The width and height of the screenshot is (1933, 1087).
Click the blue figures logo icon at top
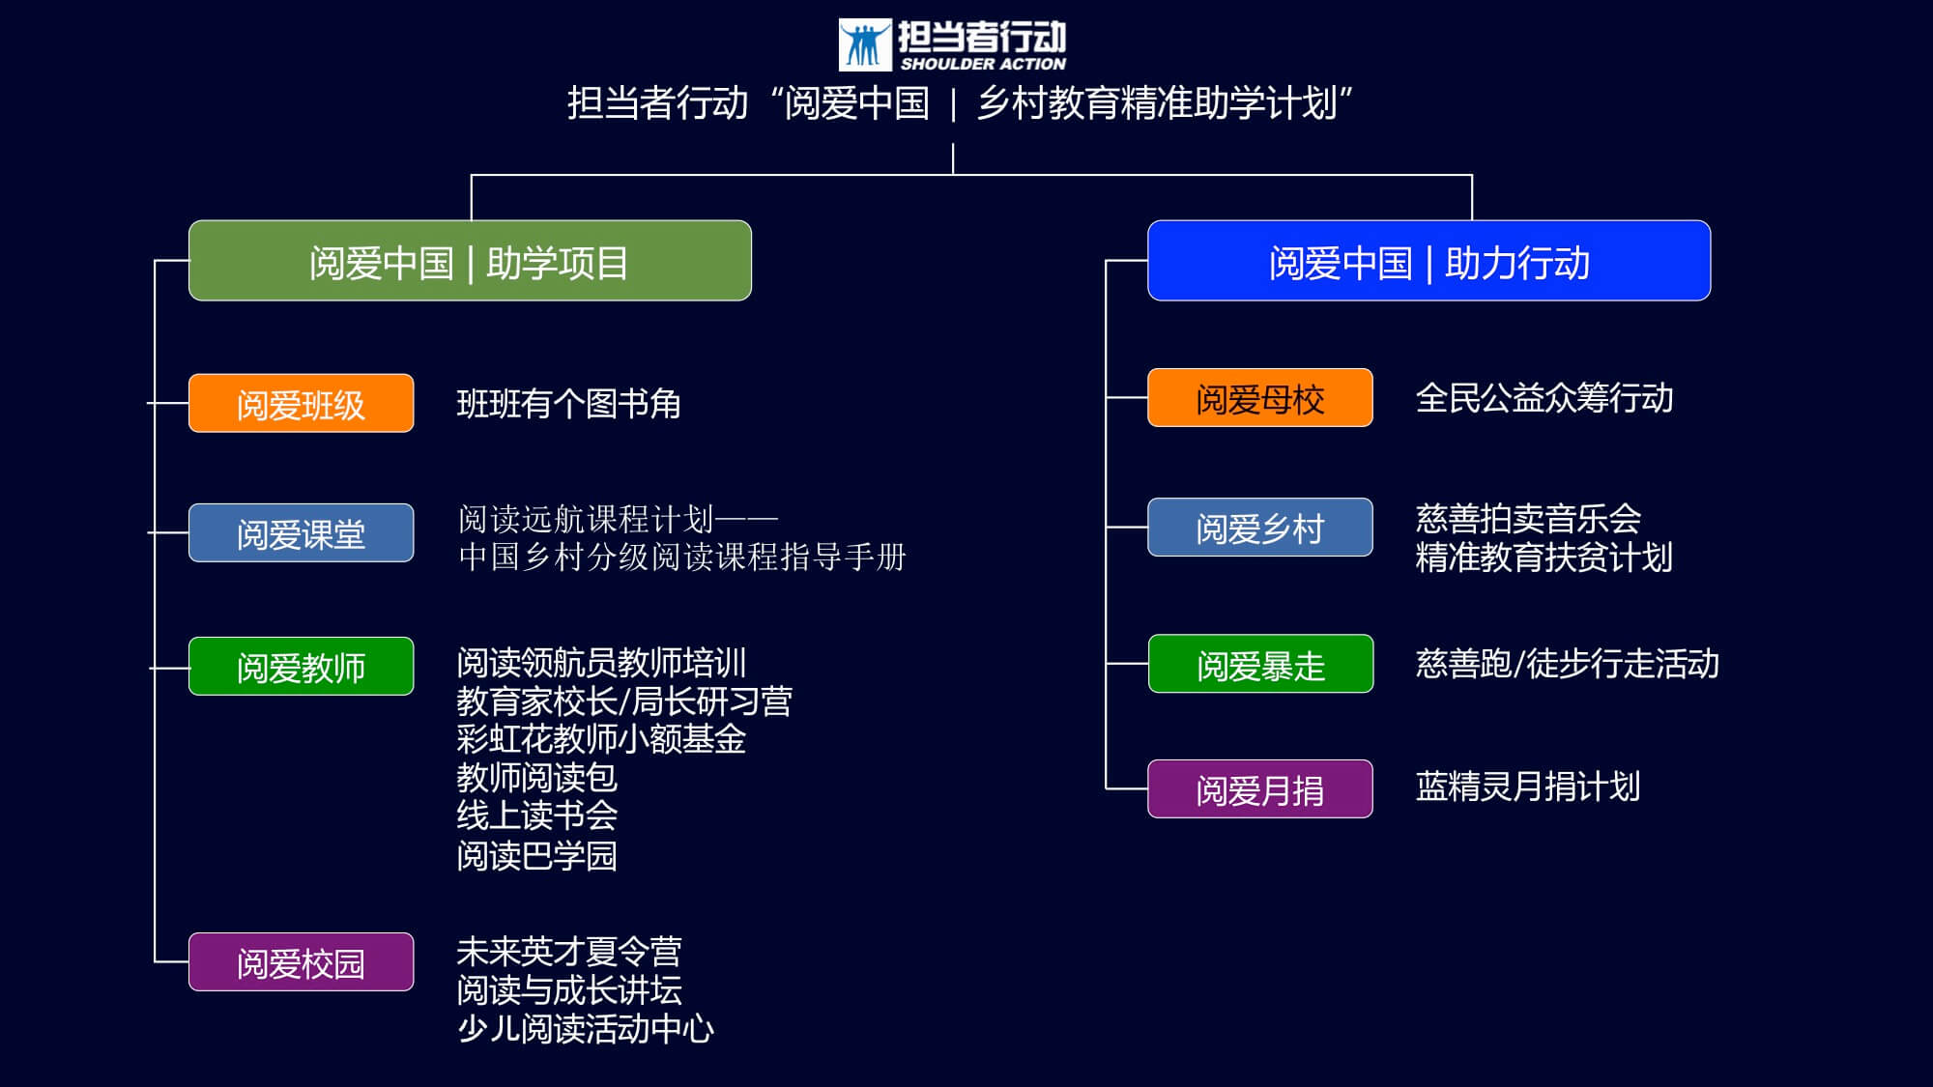pyautogui.click(x=865, y=44)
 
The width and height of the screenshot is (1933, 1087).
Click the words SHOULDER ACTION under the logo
pyautogui.click(x=983, y=64)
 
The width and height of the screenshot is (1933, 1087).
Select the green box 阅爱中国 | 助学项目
pyautogui.click(x=470, y=261)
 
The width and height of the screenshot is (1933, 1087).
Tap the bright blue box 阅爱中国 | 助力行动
pyautogui.click(x=1428, y=261)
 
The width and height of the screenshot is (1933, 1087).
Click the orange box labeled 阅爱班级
pyautogui.click(x=301, y=403)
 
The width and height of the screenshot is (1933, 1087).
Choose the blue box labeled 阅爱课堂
pyautogui.click(x=301, y=532)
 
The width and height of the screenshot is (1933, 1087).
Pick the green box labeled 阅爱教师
pyautogui.click(x=301, y=666)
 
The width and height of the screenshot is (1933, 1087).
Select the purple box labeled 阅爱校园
pyautogui.click(x=301, y=961)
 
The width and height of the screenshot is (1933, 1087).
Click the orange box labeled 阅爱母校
pyautogui.click(x=1259, y=397)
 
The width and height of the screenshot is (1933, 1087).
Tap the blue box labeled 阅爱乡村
pyautogui.click(x=1259, y=527)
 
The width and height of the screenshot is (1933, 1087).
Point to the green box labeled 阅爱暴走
pyautogui.click(x=1260, y=664)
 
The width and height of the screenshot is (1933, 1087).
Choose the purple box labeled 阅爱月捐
pyautogui.click(x=1259, y=788)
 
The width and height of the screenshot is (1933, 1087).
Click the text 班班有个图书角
pyautogui.click(x=568, y=404)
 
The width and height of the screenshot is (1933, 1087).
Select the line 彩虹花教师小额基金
pyautogui.click(x=601, y=739)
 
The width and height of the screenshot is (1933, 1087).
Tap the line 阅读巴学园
pyautogui.click(x=536, y=855)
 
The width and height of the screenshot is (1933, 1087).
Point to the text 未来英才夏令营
pyautogui.click(x=568, y=952)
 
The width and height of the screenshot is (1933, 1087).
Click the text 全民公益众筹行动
pyautogui.click(x=1544, y=398)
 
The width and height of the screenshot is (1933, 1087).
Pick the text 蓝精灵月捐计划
pyautogui.click(x=1527, y=787)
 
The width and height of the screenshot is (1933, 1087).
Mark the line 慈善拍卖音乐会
pyautogui.click(x=1527, y=519)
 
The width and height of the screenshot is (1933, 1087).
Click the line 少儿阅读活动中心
pyautogui.click(x=585, y=1029)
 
